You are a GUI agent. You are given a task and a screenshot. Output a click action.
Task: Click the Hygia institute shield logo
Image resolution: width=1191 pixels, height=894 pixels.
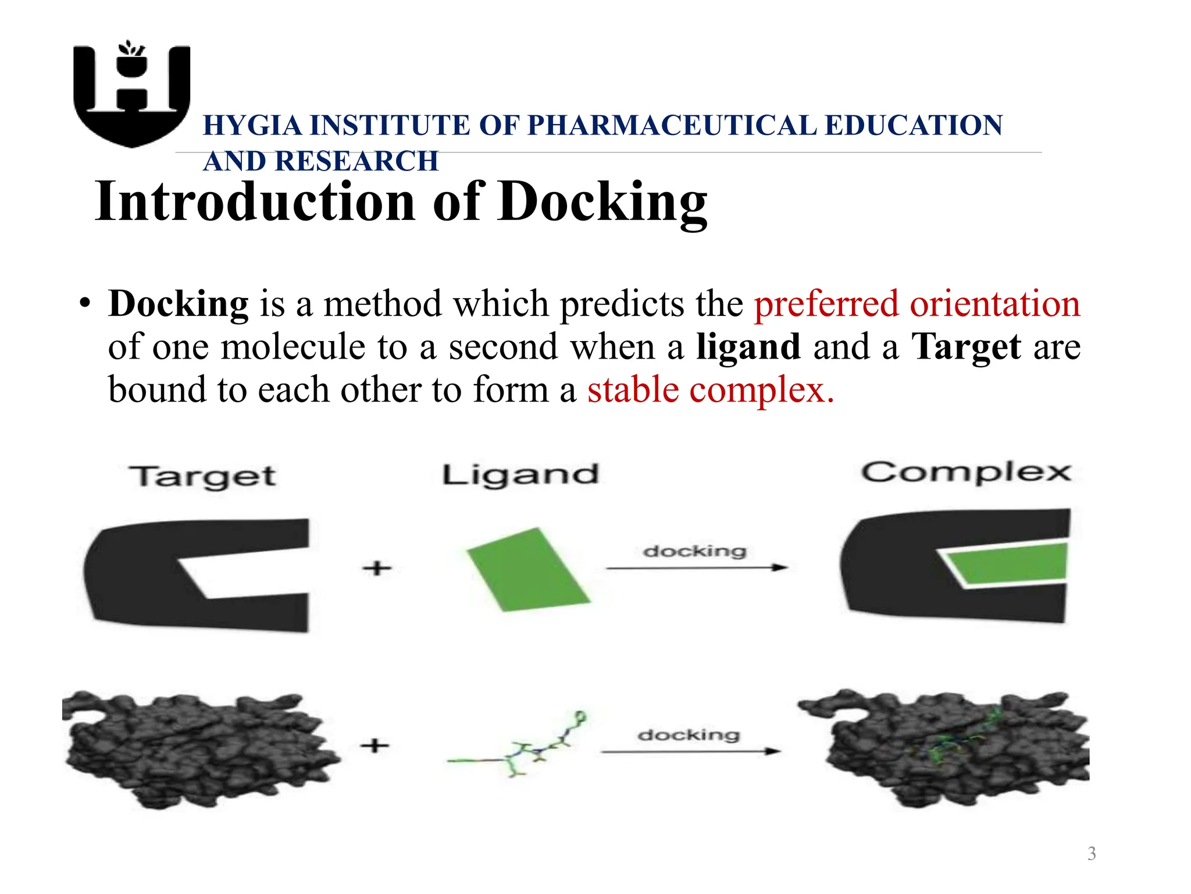pyautogui.click(x=132, y=93)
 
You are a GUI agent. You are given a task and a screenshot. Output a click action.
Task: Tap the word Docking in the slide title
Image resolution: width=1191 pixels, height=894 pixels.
pyautogui.click(x=602, y=202)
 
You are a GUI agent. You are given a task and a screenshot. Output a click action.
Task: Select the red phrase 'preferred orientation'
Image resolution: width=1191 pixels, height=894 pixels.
pyautogui.click(x=917, y=304)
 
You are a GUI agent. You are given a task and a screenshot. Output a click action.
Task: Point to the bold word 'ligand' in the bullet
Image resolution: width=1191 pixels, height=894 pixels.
pyautogui.click(x=748, y=347)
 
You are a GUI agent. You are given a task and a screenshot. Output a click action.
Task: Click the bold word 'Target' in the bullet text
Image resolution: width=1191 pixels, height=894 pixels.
pyautogui.click(x=966, y=347)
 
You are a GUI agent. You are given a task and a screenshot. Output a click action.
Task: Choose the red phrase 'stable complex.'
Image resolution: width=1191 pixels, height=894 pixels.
pyautogui.click(x=711, y=390)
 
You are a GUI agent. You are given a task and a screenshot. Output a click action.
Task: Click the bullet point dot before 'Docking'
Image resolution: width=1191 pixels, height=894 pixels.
pyautogui.click(x=85, y=304)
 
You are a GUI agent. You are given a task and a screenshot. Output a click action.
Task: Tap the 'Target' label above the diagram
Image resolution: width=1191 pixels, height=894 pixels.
pyautogui.click(x=202, y=477)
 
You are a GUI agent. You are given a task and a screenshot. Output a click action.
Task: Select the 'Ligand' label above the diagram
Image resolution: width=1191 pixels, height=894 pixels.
pyautogui.click(x=520, y=475)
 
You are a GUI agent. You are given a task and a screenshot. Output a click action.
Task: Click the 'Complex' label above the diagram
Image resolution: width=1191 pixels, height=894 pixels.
pyautogui.click(x=966, y=473)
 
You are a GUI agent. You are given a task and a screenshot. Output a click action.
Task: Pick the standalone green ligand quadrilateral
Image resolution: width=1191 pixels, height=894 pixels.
pyautogui.click(x=527, y=570)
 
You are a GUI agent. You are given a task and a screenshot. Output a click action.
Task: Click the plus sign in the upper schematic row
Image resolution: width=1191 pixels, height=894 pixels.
pyautogui.click(x=377, y=567)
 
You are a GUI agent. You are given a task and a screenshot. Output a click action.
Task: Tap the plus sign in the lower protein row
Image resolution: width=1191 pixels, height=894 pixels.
pyautogui.click(x=375, y=745)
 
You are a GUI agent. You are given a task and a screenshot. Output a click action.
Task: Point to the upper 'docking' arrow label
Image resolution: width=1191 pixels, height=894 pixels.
pyautogui.click(x=694, y=551)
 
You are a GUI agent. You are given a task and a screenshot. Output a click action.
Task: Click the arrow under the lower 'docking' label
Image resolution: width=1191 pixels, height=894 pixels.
pyautogui.click(x=690, y=751)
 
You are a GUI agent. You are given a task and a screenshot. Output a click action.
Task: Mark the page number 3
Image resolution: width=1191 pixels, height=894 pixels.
pyautogui.click(x=1092, y=853)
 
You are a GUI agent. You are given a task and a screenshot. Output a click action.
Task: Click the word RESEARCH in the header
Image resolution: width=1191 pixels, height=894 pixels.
pyautogui.click(x=356, y=161)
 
